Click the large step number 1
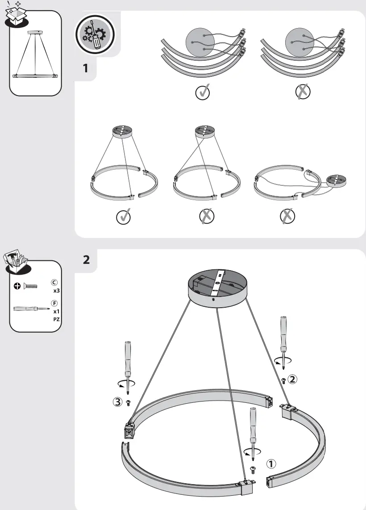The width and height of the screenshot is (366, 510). [x=85, y=69]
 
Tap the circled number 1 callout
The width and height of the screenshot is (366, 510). [x=270, y=464]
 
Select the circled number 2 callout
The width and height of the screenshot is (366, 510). [x=292, y=379]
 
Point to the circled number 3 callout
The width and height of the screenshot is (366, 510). [x=117, y=402]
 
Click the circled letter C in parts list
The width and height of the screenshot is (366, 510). [x=54, y=283]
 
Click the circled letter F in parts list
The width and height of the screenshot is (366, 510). [x=54, y=304]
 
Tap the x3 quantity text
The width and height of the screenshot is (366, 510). [x=56, y=290]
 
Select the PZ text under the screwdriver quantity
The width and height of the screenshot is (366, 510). [x=56, y=319]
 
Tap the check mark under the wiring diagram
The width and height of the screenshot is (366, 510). [x=203, y=92]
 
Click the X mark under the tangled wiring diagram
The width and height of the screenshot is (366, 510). [x=303, y=92]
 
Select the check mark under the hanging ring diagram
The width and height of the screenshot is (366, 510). [x=123, y=217]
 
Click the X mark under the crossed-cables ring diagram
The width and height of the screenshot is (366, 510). [x=207, y=217]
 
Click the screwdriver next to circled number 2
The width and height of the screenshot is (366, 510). [x=283, y=342]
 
